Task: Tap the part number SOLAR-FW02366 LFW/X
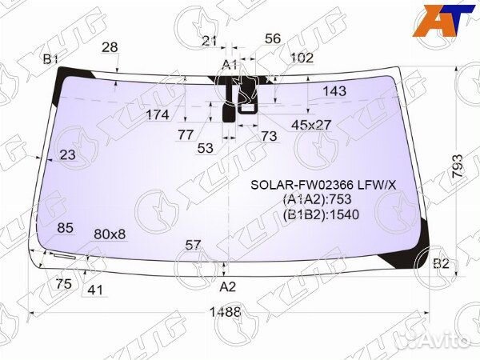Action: [x=324, y=184]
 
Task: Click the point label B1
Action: [x=51, y=58]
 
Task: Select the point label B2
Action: [x=441, y=263]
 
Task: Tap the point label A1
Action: [x=230, y=64]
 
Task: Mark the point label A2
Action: [x=228, y=286]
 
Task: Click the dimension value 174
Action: [x=158, y=114]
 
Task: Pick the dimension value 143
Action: [x=334, y=91]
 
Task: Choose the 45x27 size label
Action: [x=311, y=124]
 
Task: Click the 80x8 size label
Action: [x=110, y=234]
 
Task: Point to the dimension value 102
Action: [x=302, y=58]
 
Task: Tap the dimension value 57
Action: [x=193, y=244]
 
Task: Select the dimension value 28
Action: [x=110, y=47]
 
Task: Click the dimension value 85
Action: [x=66, y=228]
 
